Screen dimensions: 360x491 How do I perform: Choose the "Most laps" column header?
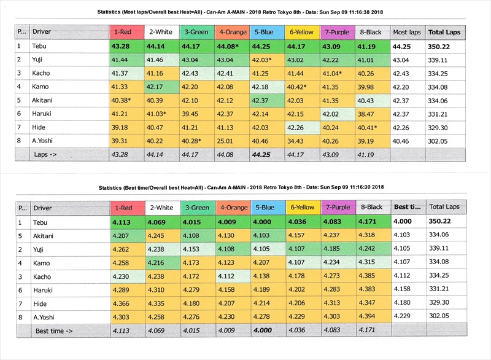[406, 31]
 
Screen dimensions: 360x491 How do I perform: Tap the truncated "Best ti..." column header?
[406, 208]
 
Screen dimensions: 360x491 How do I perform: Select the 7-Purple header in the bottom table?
[338, 208]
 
